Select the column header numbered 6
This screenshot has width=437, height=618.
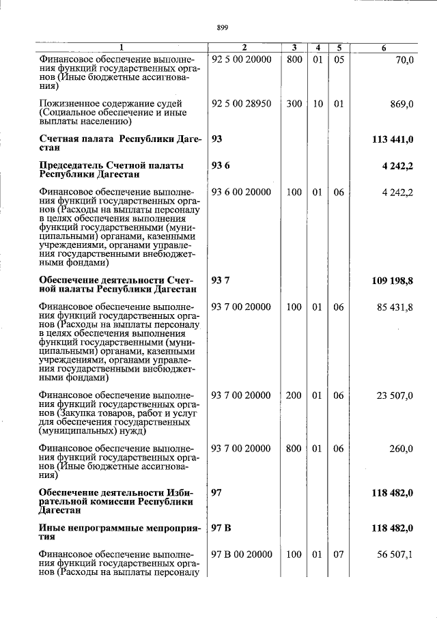[384, 48]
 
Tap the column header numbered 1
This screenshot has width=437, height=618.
[122, 48]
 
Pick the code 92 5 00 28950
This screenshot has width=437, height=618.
[242, 104]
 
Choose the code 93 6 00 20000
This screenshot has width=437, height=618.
[242, 193]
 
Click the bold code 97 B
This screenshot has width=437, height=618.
[221, 528]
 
